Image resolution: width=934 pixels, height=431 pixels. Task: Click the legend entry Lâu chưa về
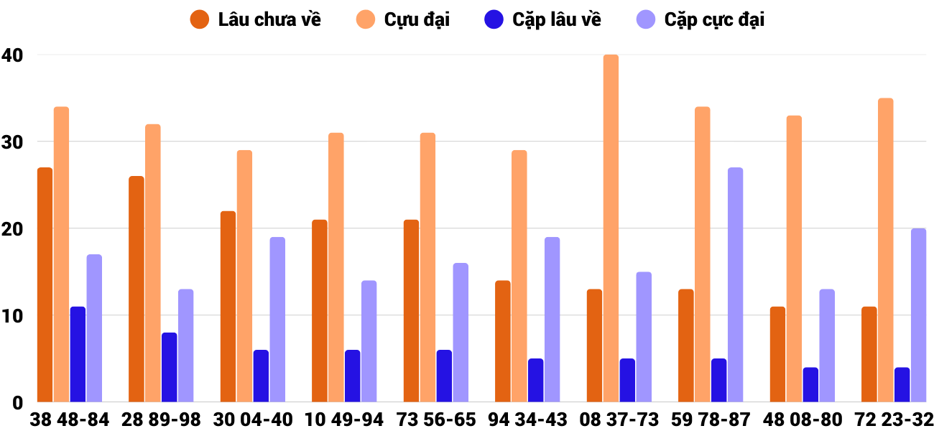click(255, 19)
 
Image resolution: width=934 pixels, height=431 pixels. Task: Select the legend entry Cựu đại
click(402, 19)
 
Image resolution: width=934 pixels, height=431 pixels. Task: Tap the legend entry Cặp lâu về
click(542, 19)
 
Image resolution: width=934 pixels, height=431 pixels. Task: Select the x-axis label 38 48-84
click(70, 420)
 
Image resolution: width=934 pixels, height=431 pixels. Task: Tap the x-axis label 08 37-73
click(619, 420)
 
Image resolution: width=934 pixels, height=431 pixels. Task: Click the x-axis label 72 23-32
click(894, 420)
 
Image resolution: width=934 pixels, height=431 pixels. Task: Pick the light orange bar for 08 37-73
click(611, 228)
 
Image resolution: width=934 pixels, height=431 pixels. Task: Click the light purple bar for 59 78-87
click(735, 285)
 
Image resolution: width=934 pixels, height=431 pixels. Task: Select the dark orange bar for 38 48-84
click(45, 285)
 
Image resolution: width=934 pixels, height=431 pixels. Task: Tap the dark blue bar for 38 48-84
click(78, 355)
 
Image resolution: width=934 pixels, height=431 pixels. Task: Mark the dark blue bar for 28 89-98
click(170, 368)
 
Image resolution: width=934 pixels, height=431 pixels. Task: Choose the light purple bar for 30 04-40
click(277, 320)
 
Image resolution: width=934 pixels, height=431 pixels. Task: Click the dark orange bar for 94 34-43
click(503, 342)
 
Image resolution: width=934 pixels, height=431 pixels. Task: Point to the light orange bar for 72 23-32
click(886, 250)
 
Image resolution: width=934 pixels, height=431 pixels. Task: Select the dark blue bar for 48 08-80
click(810, 385)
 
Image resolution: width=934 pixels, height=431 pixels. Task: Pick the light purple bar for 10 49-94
click(369, 342)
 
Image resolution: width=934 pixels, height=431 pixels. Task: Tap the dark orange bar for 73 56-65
click(411, 311)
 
